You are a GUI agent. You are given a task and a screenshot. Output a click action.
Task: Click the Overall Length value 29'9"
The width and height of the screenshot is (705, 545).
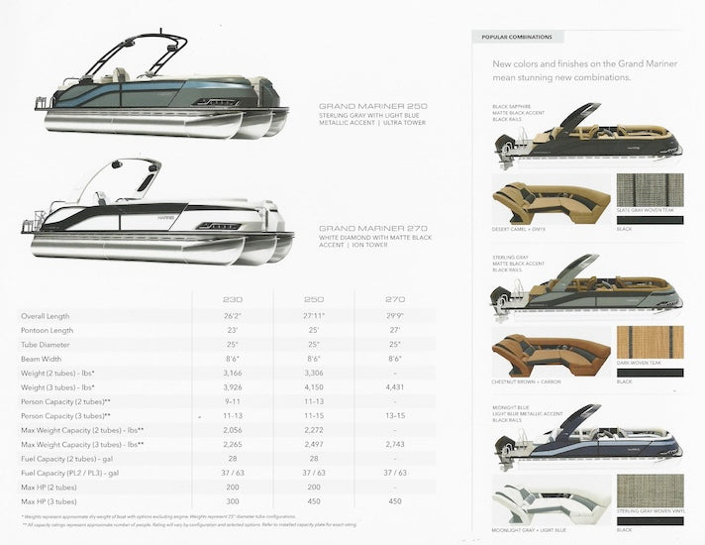394,316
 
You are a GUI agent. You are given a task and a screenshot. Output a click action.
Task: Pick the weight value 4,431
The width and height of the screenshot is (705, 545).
394,387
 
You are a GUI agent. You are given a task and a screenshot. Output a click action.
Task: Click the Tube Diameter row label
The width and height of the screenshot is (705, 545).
46,345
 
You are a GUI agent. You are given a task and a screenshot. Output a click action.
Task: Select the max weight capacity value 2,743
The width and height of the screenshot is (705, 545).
394,445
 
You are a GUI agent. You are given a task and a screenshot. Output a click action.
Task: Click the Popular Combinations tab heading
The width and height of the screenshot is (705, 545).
517,37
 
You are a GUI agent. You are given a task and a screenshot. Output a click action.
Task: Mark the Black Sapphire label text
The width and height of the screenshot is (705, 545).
514,106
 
